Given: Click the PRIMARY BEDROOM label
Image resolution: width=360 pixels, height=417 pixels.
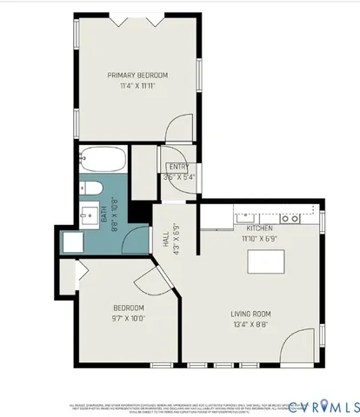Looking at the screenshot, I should tap(137, 76).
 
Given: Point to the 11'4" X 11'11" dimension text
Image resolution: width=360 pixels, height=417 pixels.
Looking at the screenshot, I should tap(137, 87).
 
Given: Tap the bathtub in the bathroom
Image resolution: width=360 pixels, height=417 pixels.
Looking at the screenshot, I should tap(103, 162).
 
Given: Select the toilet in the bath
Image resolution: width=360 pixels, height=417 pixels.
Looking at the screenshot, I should tap(95, 190).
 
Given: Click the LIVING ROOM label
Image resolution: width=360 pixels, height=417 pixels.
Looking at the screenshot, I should tap(251, 314).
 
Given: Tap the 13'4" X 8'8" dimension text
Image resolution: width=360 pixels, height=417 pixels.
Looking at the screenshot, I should tap(251, 326).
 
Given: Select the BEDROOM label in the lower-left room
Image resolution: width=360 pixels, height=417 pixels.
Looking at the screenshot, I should tap(129, 308).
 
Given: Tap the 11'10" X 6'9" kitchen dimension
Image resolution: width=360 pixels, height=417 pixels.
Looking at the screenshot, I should tap(259, 237).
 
